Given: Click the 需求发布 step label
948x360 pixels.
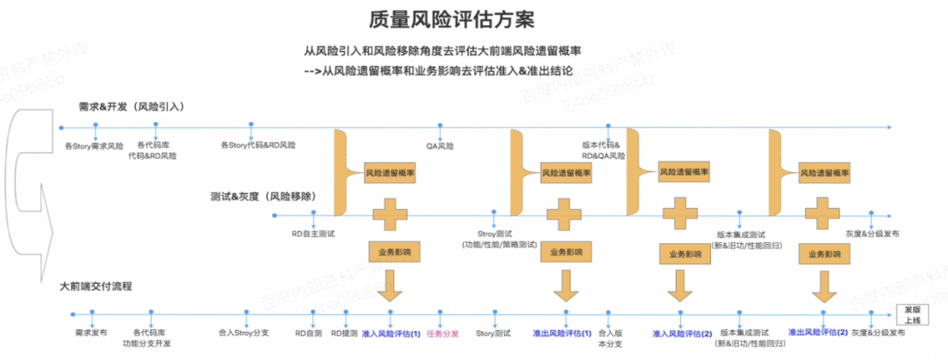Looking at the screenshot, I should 91,334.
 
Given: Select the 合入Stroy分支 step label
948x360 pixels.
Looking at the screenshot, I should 242,334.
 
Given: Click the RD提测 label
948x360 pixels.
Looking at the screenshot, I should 344,334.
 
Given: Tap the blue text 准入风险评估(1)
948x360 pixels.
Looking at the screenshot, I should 391,334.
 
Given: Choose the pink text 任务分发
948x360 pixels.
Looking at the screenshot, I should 442,334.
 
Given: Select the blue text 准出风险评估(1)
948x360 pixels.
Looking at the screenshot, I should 563,334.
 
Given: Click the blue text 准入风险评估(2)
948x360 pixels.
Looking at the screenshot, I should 682,335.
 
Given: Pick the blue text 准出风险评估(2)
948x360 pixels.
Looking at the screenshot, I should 818,333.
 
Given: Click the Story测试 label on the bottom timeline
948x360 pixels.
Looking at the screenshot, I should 493,334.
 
